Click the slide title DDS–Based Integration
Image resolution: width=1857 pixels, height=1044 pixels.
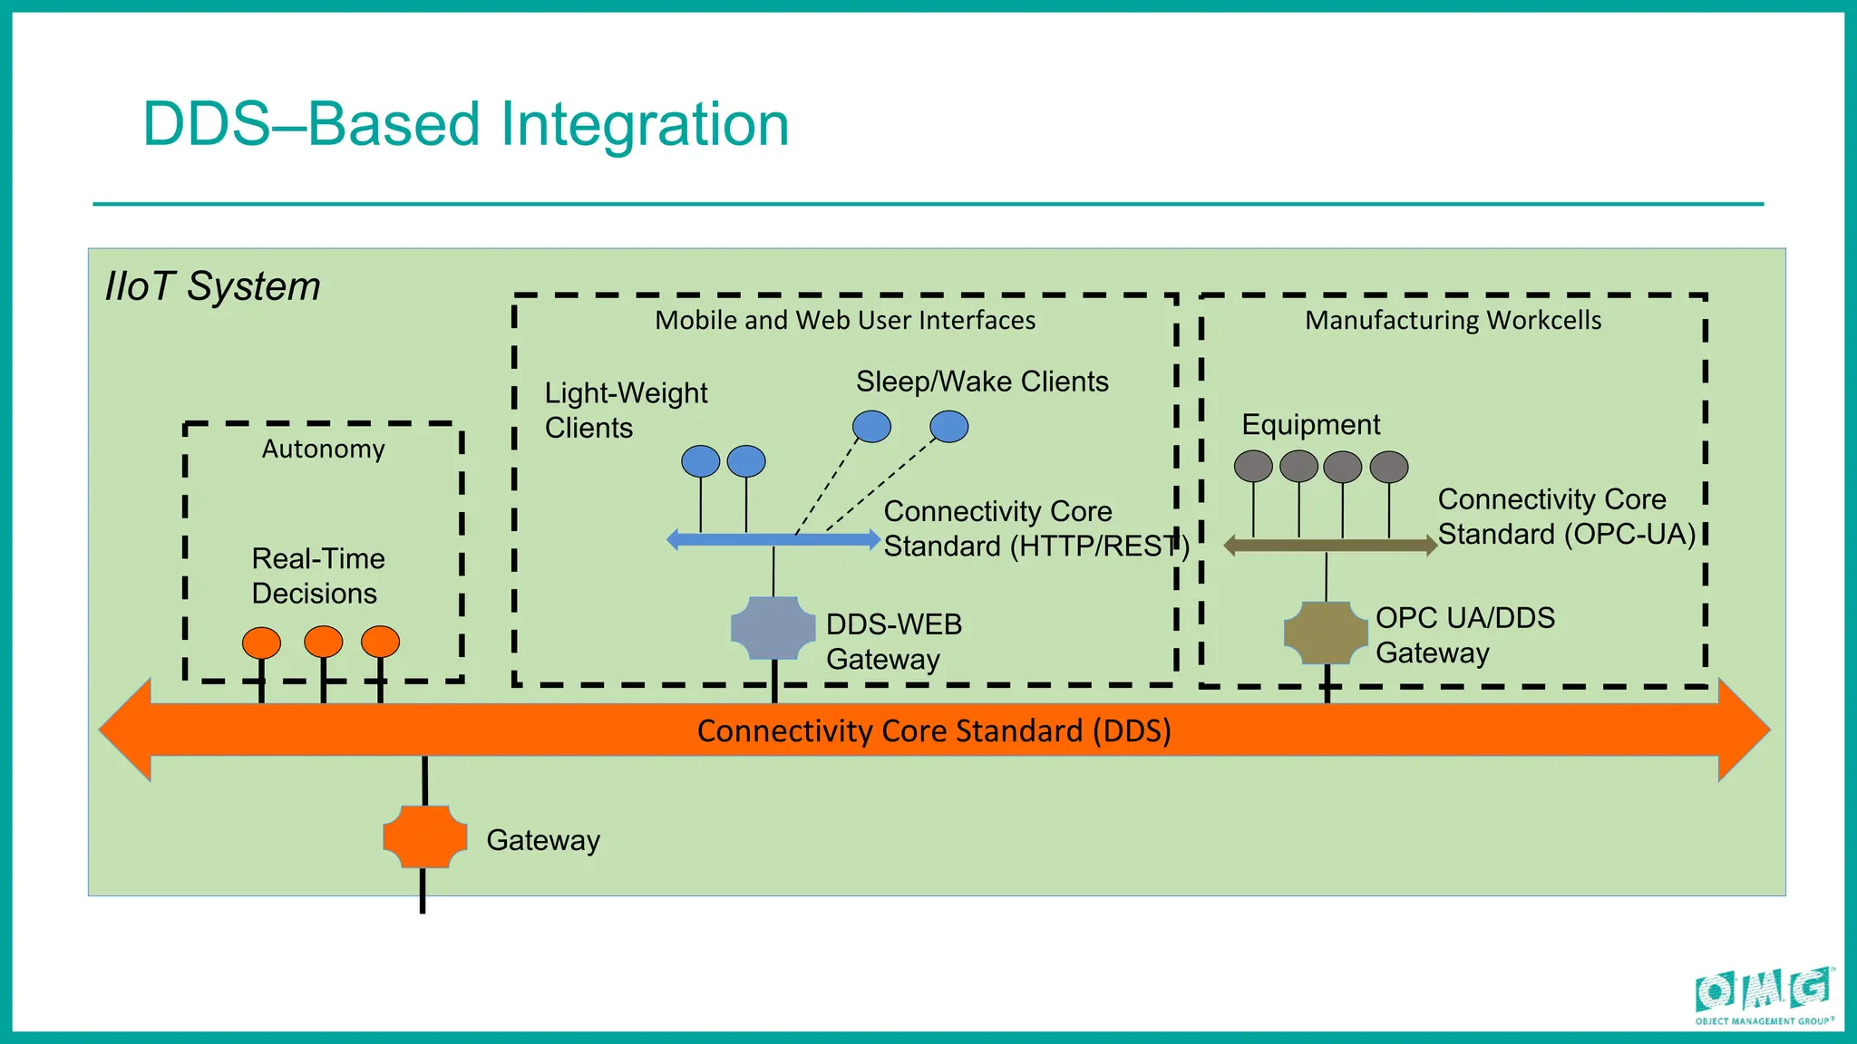pos(466,124)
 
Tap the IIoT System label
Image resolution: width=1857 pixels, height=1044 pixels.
pos(213,286)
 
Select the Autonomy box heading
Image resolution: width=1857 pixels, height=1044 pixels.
pos(324,449)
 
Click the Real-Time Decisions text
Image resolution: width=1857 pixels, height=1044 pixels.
pos(317,575)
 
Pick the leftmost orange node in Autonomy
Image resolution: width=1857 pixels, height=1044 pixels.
pos(261,643)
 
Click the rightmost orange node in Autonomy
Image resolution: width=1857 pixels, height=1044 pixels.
pos(380,642)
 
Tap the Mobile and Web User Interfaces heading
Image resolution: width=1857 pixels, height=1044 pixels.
pos(845,320)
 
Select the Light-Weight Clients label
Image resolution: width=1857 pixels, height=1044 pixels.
pos(626,410)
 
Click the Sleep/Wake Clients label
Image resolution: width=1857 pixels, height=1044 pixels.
pos(982,382)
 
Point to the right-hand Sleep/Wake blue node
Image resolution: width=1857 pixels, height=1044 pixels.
pos(949,426)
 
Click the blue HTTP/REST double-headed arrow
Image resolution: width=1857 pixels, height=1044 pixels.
pos(773,540)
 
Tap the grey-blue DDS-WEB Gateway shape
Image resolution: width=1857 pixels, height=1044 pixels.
pos(773,627)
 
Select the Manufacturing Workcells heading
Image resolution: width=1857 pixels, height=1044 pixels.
pos(1453,320)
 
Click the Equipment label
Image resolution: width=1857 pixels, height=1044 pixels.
pos(1310,424)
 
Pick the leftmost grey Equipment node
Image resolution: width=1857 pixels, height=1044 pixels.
pos(1253,467)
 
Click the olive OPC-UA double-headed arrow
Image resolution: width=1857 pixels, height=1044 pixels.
pos(1329,546)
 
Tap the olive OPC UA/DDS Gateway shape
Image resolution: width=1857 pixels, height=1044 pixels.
pos(1326,633)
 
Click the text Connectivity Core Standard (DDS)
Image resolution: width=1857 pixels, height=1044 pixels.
pos(934,730)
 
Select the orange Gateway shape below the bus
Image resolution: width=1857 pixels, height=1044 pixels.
pos(424,836)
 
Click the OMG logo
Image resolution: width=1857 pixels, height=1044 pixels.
pos(1764,995)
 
